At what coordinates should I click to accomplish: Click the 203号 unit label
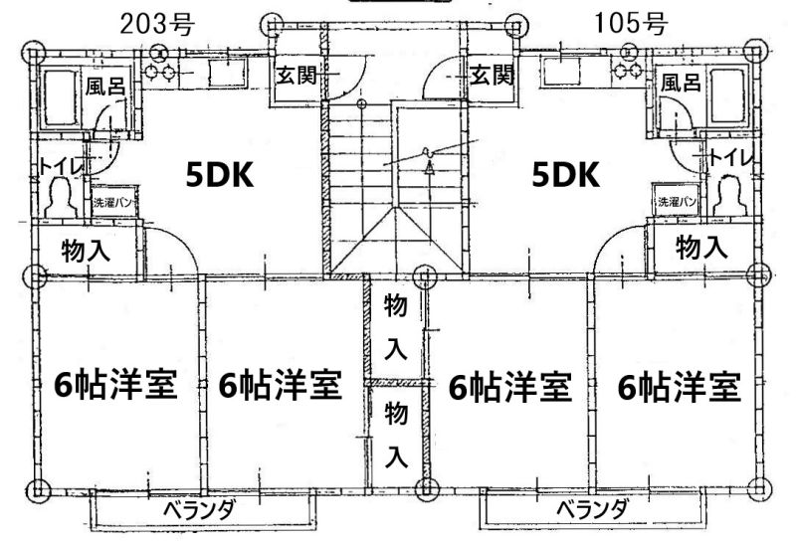pyautogui.click(x=157, y=23)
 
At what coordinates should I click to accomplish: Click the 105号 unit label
pyautogui.click(x=630, y=23)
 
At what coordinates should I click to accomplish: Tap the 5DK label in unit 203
pyautogui.click(x=219, y=175)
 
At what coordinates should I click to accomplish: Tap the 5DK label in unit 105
pyautogui.click(x=565, y=175)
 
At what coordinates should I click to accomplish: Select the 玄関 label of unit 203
pyautogui.click(x=297, y=77)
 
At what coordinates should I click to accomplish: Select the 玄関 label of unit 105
pyautogui.click(x=492, y=76)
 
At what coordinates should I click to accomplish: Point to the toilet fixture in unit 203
pyautogui.click(x=62, y=199)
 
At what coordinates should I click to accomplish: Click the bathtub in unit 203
pyautogui.click(x=60, y=98)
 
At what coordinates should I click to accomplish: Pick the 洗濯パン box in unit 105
pyautogui.click(x=677, y=201)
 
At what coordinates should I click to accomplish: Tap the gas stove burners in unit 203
pyautogui.click(x=160, y=72)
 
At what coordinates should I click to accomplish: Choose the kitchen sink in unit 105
pyautogui.click(x=560, y=71)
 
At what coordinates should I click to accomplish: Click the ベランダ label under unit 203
pyautogui.click(x=200, y=510)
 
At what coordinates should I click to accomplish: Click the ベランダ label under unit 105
pyautogui.click(x=592, y=509)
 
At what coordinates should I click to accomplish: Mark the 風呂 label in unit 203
pyautogui.click(x=105, y=86)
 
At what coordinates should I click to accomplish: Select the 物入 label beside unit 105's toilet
pyautogui.click(x=702, y=247)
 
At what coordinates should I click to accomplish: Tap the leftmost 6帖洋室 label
pyautogui.click(x=115, y=384)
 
